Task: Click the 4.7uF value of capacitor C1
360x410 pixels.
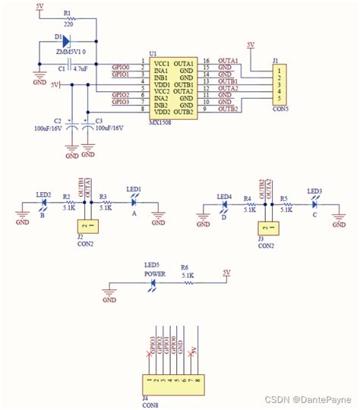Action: click(78, 68)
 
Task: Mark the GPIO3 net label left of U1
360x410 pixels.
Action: click(120, 102)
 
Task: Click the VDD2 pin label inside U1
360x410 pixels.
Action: click(159, 111)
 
